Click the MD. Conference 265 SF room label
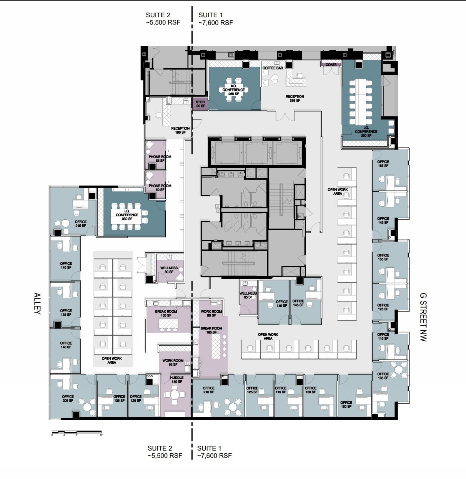point(233,90)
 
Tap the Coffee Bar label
point(273,68)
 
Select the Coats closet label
point(331,65)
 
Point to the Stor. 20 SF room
point(200,104)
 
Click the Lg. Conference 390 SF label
point(366,131)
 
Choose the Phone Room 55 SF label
point(160,159)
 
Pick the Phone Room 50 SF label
point(160,187)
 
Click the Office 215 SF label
point(81,224)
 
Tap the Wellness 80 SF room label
point(169,270)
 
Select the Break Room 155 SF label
point(166,313)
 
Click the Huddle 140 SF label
point(176,380)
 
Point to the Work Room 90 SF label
point(211,313)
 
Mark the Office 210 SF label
point(209,390)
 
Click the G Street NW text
point(423,317)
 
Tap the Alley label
point(37,303)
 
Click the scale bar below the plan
point(77,432)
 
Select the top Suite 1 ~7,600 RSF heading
point(215,19)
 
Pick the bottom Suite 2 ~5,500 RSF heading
point(165,452)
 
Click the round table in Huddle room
point(175,394)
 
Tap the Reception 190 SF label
point(180,130)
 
